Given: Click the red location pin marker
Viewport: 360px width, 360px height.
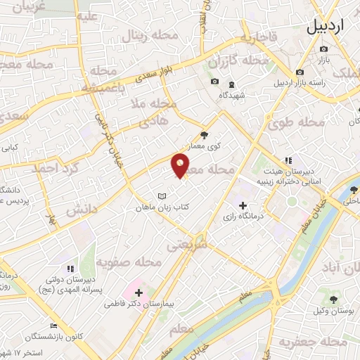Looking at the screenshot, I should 181,165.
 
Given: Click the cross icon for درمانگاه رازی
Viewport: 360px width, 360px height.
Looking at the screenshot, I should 243,206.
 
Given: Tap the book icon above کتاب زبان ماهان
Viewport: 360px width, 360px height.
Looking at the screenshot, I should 162,195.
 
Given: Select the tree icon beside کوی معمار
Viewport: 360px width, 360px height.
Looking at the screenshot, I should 204,135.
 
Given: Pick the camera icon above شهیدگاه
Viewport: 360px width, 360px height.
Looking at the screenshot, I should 215,83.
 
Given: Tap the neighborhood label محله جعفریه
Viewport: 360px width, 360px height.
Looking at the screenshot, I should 313,342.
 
